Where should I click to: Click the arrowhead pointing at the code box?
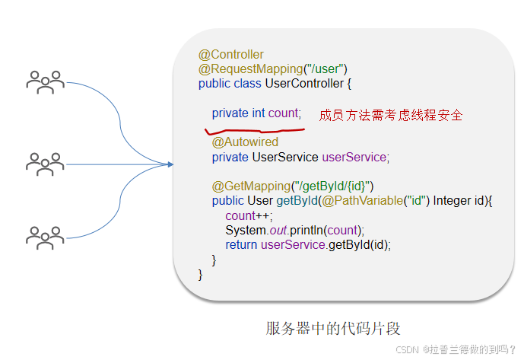click(169, 164)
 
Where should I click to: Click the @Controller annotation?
click(231, 55)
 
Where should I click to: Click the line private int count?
click(256, 113)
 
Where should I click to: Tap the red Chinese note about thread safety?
click(391, 116)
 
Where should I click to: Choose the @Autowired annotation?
click(245, 142)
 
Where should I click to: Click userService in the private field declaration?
click(355, 157)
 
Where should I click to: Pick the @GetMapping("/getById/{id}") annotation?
click(293, 186)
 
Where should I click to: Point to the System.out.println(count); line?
click(295, 230)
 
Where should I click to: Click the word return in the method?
click(241, 244)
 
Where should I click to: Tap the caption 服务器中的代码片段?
click(333, 329)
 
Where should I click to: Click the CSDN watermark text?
click(456, 349)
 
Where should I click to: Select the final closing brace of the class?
click(201, 274)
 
